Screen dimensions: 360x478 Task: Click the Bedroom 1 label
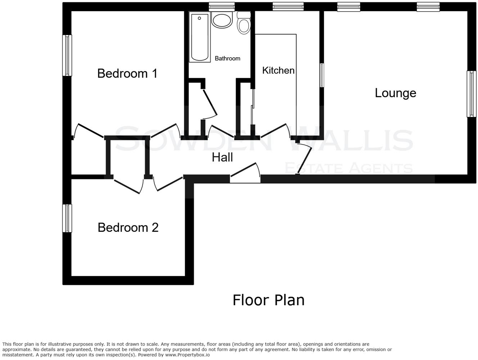[x=127, y=73]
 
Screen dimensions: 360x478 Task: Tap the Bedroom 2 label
[x=128, y=228]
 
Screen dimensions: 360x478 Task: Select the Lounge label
[x=395, y=93]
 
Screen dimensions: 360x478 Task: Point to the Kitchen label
[x=278, y=70]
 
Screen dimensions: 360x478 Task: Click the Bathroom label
[x=227, y=58]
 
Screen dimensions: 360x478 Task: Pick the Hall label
[x=222, y=157]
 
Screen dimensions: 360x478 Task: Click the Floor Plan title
[x=268, y=300]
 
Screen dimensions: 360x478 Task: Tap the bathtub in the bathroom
[x=200, y=37]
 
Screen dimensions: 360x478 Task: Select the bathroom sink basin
[x=221, y=20]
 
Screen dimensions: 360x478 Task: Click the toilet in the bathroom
[x=244, y=24]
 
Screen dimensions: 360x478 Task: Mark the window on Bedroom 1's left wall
[x=67, y=55]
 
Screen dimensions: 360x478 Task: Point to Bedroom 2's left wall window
[x=67, y=218]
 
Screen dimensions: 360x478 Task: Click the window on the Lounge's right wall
[x=471, y=94]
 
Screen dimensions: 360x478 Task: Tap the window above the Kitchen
[x=288, y=6]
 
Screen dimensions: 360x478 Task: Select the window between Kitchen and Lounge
[x=322, y=75]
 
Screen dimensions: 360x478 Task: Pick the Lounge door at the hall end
[x=305, y=158]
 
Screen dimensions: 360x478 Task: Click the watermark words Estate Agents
[x=348, y=168]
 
